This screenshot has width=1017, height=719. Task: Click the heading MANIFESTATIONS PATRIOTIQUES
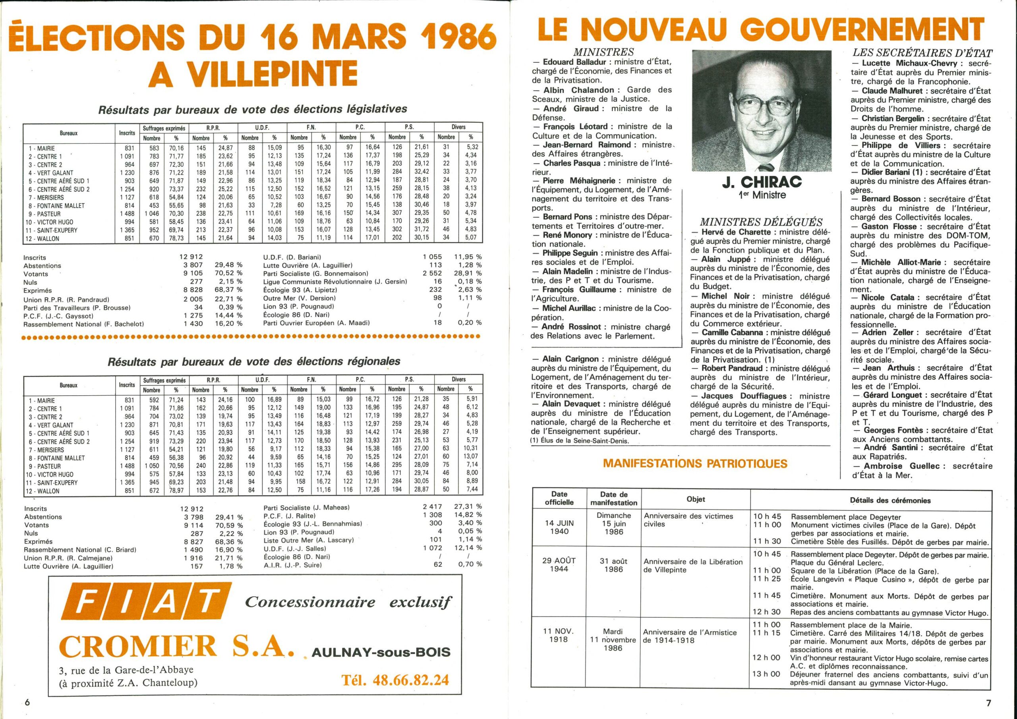696,464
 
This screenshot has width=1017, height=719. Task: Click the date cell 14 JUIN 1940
559,527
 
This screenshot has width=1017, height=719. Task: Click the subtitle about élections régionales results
254,361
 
